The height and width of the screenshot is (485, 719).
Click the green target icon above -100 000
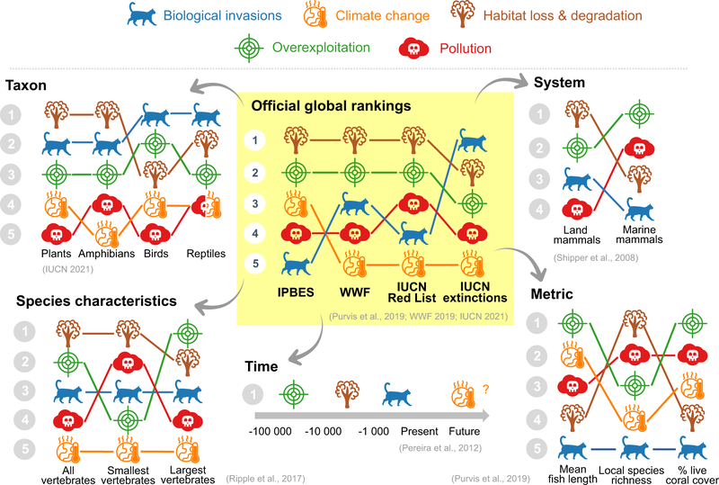click(289, 392)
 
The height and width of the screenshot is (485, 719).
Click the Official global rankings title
click(331, 105)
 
